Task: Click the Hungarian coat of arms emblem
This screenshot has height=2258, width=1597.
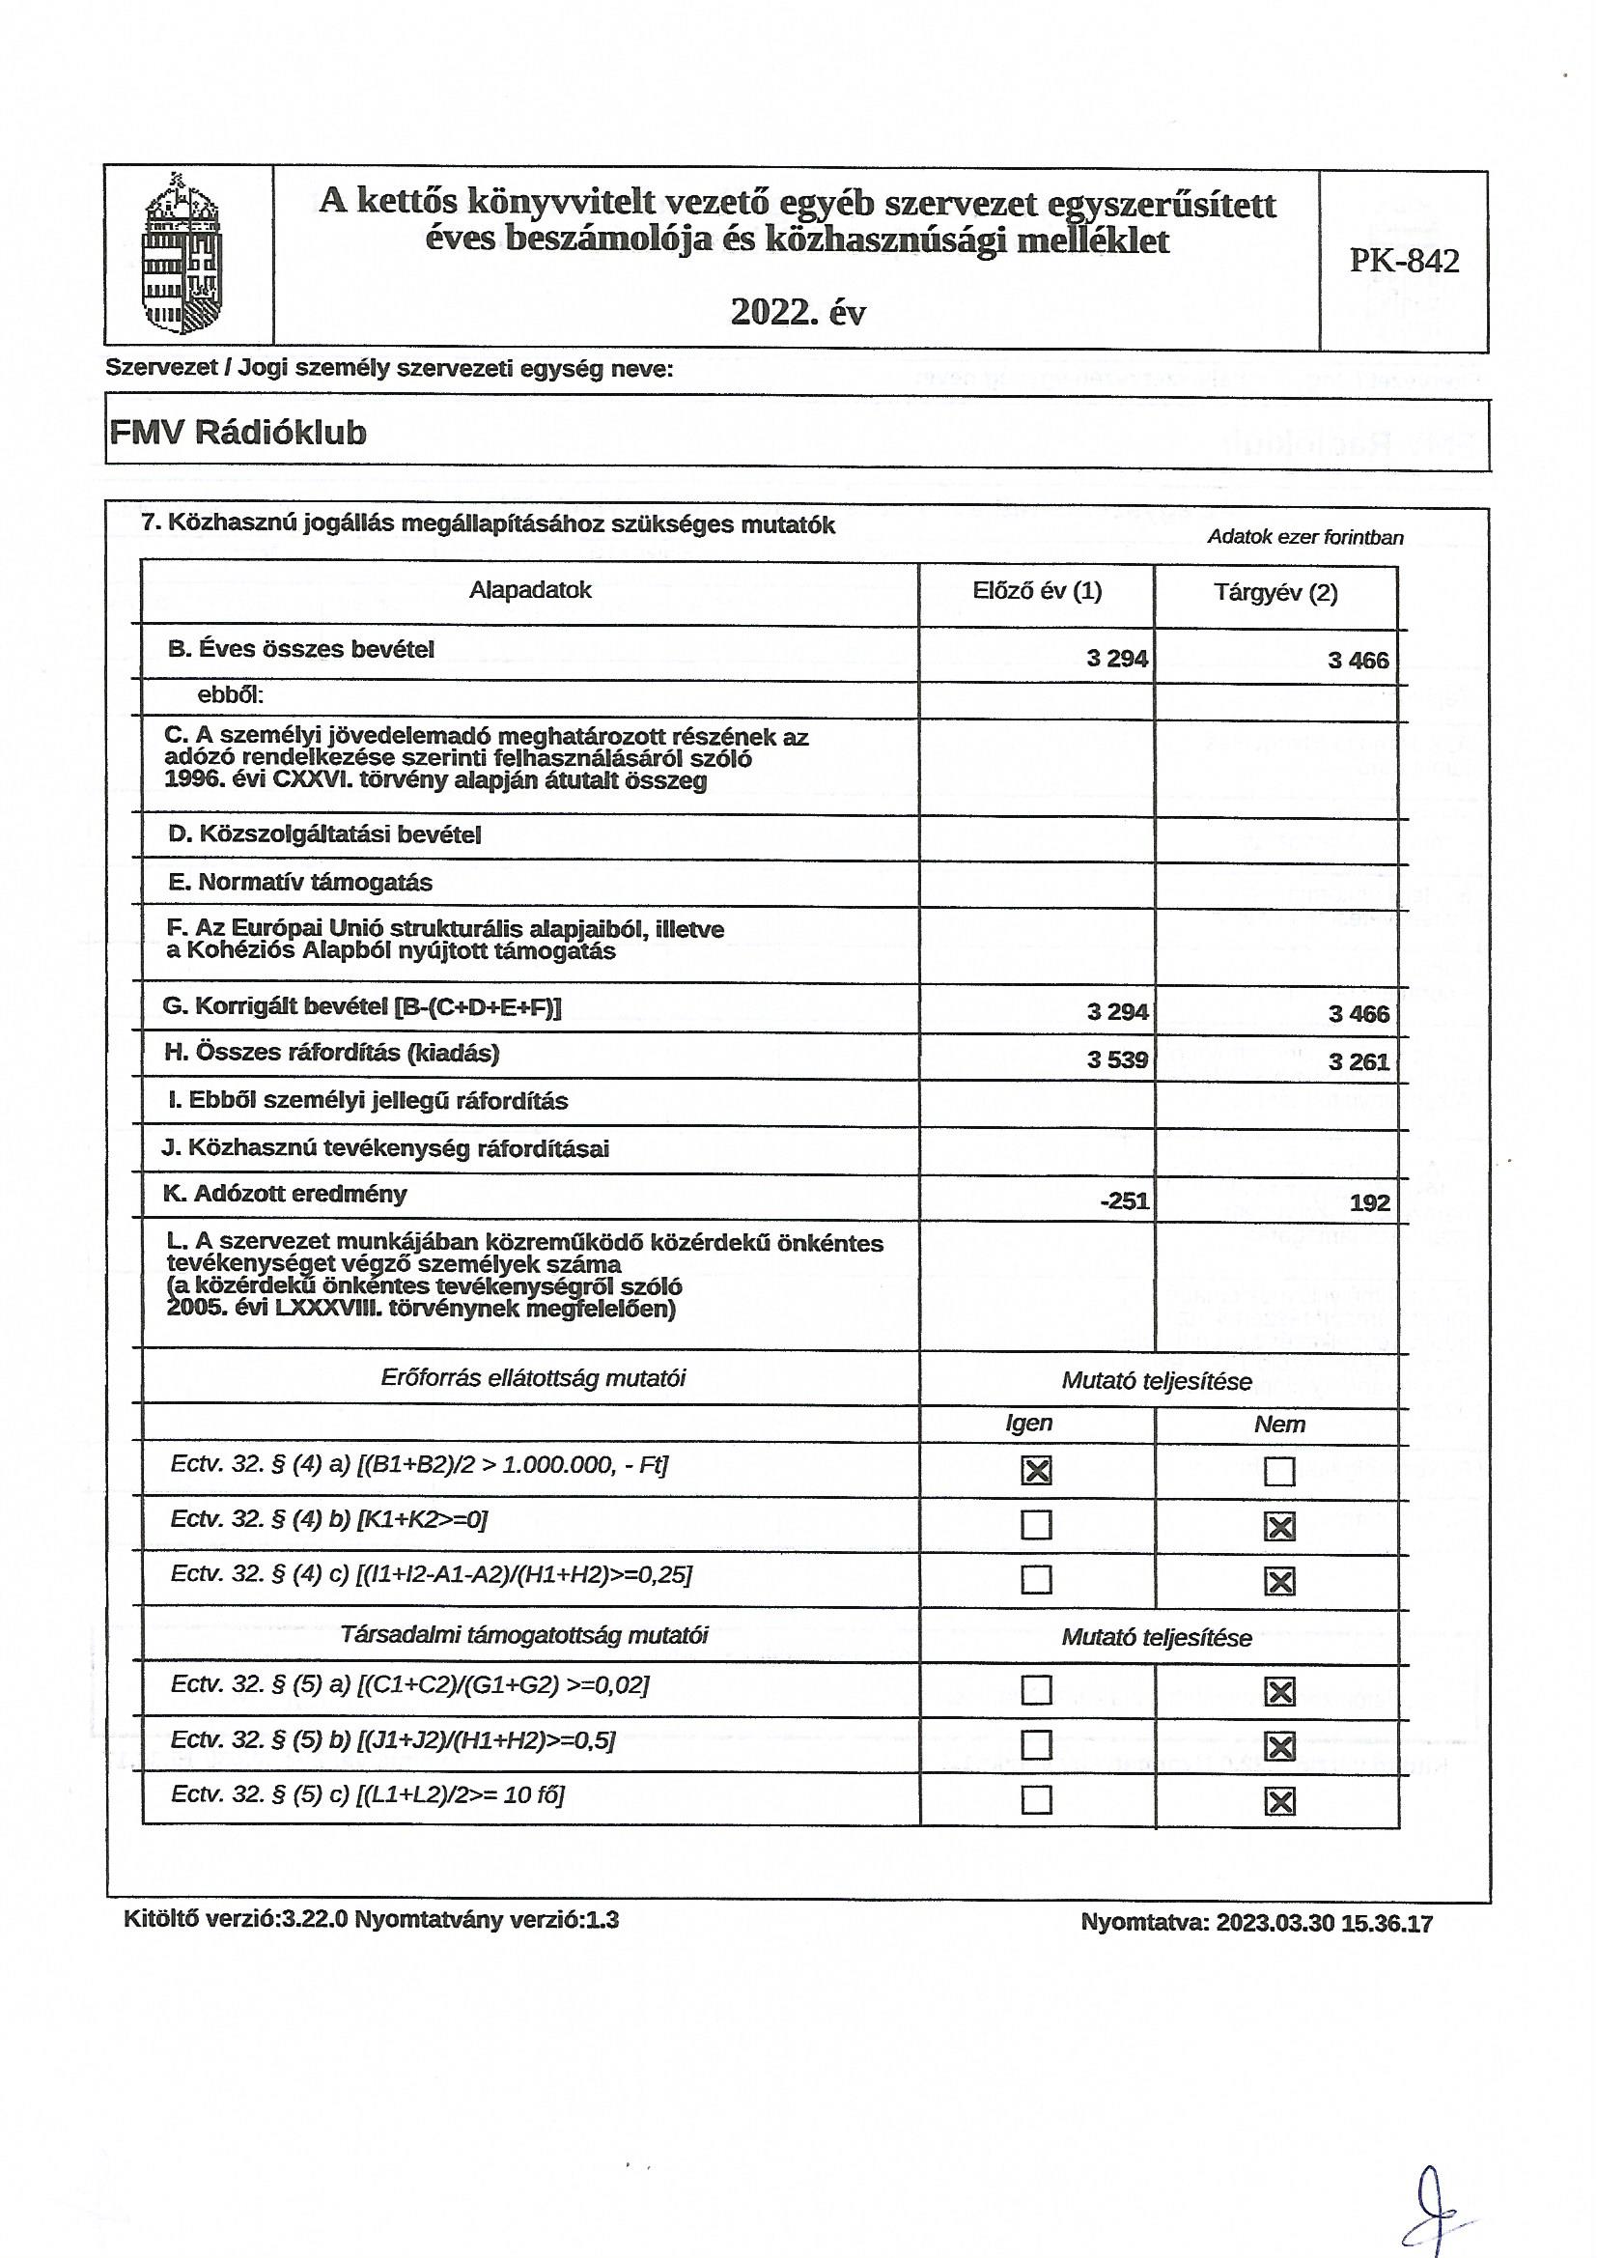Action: point(182,254)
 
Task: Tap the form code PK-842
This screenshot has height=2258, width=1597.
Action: point(1403,261)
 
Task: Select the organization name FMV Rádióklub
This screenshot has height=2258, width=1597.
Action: point(238,432)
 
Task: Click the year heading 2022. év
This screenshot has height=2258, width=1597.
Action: point(798,312)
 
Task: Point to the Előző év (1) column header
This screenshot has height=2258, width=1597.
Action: point(1036,591)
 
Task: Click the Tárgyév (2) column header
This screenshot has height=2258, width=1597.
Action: point(1275,593)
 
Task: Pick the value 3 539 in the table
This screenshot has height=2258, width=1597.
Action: point(1117,1059)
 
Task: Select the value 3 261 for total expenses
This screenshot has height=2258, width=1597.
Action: point(1359,1061)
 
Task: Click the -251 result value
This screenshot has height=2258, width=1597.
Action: point(1124,1200)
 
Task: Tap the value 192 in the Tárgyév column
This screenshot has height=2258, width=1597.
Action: point(1370,1202)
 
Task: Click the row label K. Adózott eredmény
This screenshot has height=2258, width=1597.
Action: point(285,1194)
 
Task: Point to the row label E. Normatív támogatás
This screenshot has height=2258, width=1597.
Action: point(300,882)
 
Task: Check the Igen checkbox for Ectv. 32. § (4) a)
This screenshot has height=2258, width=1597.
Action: point(1036,1470)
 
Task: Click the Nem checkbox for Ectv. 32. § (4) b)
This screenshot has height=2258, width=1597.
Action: point(1279,1526)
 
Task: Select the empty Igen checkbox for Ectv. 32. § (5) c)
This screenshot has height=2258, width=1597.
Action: point(1036,1799)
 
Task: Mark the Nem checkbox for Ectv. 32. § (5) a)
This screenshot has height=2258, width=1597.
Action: point(1279,1691)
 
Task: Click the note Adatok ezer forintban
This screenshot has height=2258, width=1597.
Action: point(1305,537)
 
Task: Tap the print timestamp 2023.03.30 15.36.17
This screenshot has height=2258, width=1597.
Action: point(1324,1924)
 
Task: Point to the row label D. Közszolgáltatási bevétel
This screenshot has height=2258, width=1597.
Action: point(324,835)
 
